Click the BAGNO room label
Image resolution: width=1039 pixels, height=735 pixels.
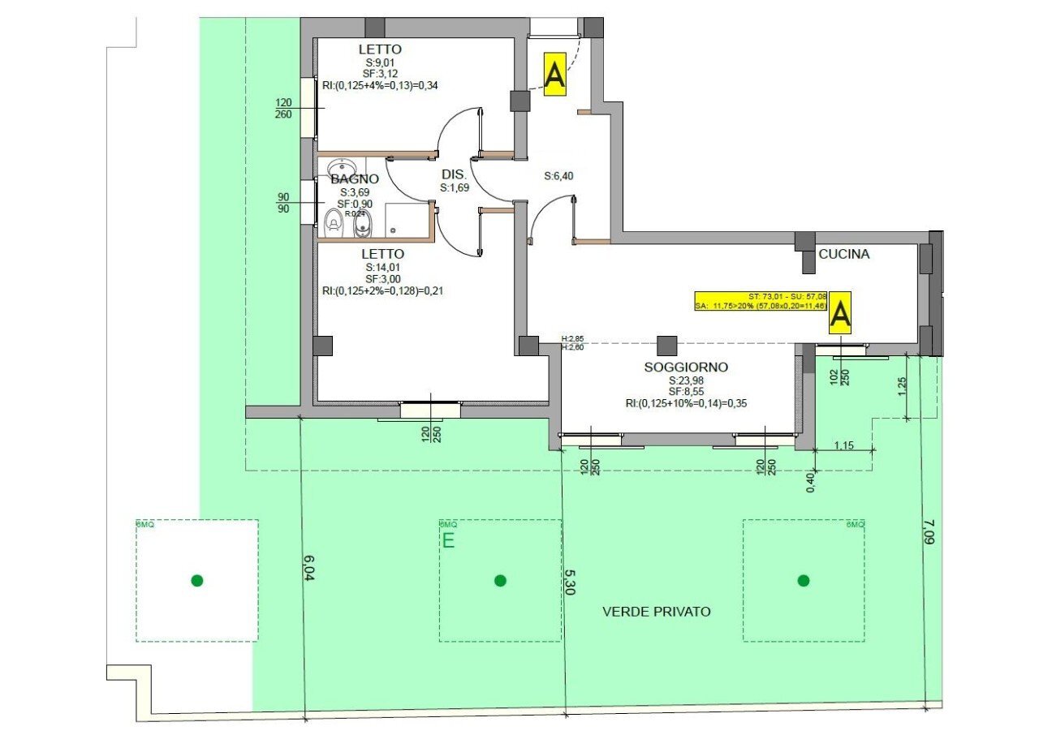coord(355,179)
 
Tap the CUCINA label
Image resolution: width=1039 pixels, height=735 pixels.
coord(843,254)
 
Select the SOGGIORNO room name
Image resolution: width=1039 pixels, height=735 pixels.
coord(686,367)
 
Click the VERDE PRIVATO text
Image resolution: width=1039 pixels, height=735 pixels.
coord(656,612)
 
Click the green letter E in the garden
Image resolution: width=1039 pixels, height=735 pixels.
coord(448,541)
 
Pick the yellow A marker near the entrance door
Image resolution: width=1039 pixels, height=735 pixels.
coord(554,75)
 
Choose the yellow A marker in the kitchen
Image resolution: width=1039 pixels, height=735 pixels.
coord(840,313)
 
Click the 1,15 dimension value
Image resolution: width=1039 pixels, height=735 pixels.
coord(845,445)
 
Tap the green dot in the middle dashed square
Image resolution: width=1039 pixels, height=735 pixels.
coord(500,580)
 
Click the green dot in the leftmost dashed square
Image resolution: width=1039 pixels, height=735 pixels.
coord(196,580)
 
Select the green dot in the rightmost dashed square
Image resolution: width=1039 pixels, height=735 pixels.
coord(804,580)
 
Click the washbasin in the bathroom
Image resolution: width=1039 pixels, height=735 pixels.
coord(342,170)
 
